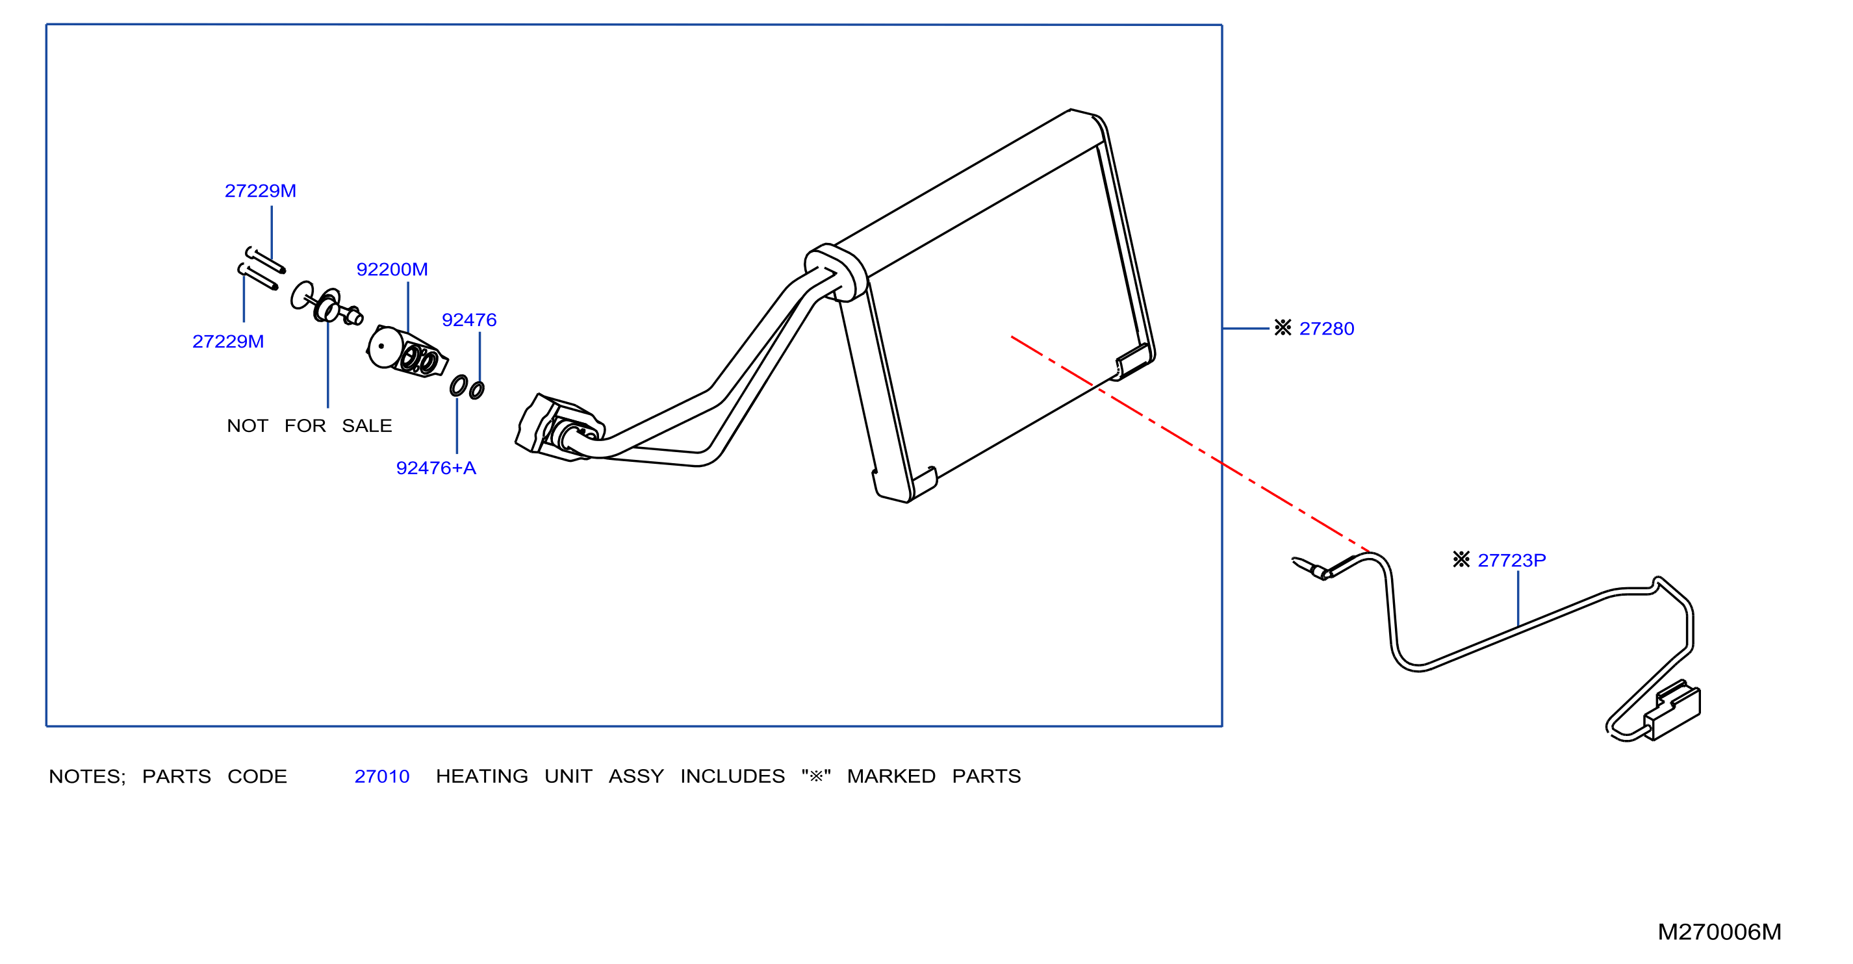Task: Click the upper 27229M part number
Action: click(x=261, y=190)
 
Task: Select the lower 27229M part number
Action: click(x=228, y=341)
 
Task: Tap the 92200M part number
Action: click(x=392, y=269)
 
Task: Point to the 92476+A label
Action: click(x=436, y=468)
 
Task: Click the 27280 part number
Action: click(x=1327, y=329)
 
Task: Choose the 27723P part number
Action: click(x=1511, y=560)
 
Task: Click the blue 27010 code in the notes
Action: click(x=382, y=776)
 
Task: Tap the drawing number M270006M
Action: click(x=1719, y=932)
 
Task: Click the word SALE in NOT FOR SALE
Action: click(x=367, y=426)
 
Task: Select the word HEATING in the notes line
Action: click(x=482, y=776)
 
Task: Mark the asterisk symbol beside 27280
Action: click(x=1283, y=327)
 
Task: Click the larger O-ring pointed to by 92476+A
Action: click(x=458, y=386)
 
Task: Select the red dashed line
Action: click(x=1190, y=444)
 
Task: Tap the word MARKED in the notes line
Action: click(x=891, y=776)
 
